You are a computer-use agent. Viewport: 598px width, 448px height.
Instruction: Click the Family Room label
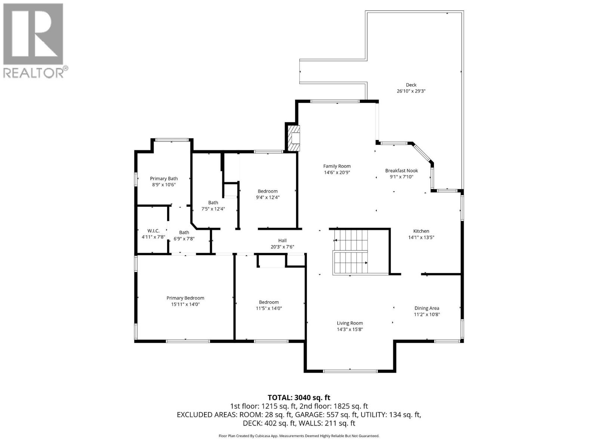coord(337,166)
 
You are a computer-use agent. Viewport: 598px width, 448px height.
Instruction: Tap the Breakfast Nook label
coord(401,171)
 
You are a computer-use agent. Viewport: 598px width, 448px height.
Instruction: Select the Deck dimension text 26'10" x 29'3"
coord(411,91)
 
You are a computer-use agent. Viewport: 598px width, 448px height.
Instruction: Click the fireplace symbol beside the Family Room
coord(294,138)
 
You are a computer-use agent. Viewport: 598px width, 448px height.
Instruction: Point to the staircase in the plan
coord(351,252)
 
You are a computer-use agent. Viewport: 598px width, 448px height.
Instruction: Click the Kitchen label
coord(421,231)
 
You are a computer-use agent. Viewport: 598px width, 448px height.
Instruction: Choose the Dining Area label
coord(426,308)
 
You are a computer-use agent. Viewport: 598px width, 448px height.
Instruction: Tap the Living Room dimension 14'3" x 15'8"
coord(350,329)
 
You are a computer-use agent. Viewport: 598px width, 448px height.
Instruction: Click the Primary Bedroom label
coord(185,298)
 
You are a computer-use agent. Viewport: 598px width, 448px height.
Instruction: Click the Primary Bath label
coord(164,178)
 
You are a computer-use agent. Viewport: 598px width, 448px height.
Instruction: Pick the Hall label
coord(282,240)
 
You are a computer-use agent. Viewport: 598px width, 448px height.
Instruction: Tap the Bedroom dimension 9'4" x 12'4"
coord(268,197)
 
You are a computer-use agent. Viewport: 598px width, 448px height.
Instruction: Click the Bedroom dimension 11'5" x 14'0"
coord(269,308)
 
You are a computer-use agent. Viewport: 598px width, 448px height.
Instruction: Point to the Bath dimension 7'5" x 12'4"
coord(213,209)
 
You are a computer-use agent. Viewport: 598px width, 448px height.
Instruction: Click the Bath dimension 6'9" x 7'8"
coord(184,239)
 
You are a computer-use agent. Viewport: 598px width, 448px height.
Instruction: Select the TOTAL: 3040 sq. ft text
coord(299,398)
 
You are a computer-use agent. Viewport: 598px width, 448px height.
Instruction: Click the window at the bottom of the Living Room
coord(350,371)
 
